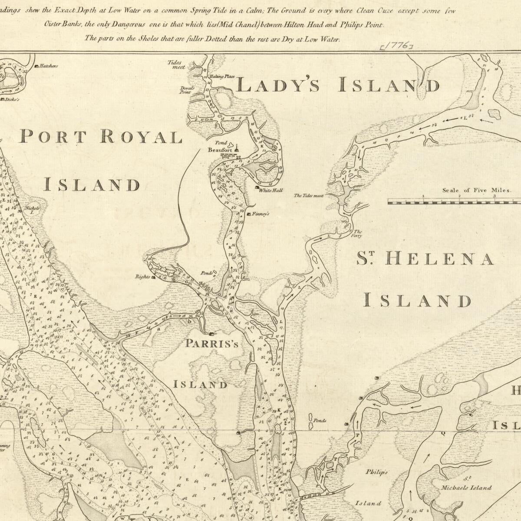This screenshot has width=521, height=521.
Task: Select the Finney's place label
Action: pyautogui.click(x=260, y=214)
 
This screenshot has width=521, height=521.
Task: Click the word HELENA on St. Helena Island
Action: pyautogui.click(x=439, y=259)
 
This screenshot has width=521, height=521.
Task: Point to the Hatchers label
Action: pyautogui.click(x=49, y=66)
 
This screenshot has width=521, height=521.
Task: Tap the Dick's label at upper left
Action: pyautogui.click(x=11, y=99)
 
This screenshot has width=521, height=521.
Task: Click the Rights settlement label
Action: pyautogui.click(x=142, y=276)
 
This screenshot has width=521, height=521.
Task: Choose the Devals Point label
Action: pyautogui.click(x=187, y=90)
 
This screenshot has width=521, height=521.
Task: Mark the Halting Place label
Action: pyautogui.click(x=222, y=76)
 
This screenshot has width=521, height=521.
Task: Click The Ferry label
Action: pyautogui.click(x=358, y=234)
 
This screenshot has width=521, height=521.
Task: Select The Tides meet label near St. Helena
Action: pyautogui.click(x=309, y=196)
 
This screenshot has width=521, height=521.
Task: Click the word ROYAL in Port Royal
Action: pyautogui.click(x=141, y=137)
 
